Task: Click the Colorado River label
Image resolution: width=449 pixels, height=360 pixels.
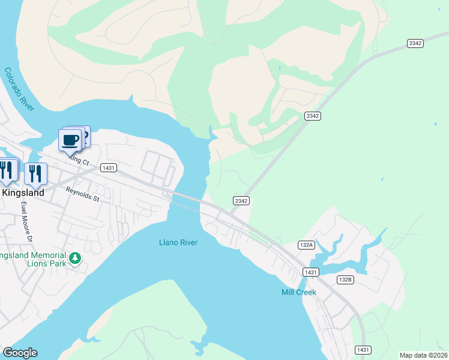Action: (x=20, y=89)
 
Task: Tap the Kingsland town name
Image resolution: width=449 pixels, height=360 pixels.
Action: (x=23, y=193)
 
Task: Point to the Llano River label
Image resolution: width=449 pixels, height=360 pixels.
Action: (x=178, y=242)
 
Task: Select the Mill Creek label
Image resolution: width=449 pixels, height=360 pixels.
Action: (x=298, y=292)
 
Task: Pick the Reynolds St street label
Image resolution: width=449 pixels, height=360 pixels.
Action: (x=83, y=194)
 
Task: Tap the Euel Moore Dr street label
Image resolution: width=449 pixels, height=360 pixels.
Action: (x=25, y=221)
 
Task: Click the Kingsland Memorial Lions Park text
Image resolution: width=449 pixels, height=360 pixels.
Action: (x=33, y=260)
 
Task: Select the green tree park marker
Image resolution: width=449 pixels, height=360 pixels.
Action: (x=75, y=258)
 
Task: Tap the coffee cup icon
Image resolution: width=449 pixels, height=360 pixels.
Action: (x=70, y=140)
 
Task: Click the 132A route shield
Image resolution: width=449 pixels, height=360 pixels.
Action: (x=306, y=245)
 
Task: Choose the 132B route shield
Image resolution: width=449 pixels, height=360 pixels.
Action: (x=345, y=280)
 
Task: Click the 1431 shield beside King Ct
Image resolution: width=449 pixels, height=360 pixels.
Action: (x=109, y=167)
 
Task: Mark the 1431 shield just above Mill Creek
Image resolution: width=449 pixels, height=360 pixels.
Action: (x=310, y=272)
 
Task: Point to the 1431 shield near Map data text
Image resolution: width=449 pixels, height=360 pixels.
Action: (x=363, y=349)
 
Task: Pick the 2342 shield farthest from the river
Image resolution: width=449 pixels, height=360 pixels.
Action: (x=415, y=43)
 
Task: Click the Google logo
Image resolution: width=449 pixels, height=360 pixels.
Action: (x=20, y=353)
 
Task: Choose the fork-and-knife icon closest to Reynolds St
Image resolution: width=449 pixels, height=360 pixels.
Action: (x=35, y=173)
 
